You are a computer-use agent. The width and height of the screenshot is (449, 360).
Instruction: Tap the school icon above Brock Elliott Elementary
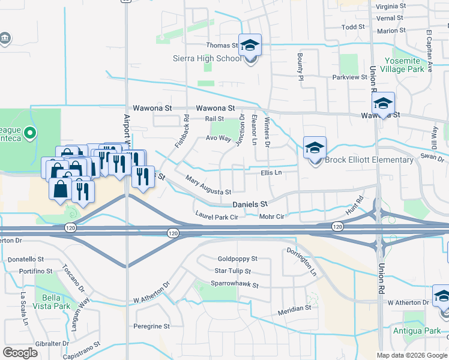tap(315, 148)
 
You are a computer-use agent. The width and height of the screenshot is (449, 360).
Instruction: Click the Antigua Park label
tap(417, 331)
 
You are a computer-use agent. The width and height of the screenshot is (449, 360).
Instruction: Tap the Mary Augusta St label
tap(208, 186)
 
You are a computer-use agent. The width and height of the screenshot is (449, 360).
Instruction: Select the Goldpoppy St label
tap(237, 259)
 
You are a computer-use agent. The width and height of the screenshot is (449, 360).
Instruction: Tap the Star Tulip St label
tap(232, 271)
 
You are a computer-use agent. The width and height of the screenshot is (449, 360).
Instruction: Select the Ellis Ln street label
tap(271, 173)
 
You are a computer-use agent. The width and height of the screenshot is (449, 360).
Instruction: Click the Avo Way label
tap(218, 138)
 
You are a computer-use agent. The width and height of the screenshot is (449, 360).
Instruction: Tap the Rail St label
tap(214, 119)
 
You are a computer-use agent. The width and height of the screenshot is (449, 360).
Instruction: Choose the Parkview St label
tap(349, 77)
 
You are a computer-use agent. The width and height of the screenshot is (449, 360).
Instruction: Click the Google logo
tap(20, 352)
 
